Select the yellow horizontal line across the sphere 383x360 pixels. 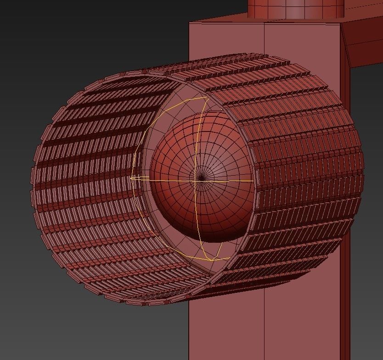pyautogui.click(x=230, y=181)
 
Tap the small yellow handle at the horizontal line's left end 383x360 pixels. pyautogui.click(x=133, y=177)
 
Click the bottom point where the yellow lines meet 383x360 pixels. pyautogui.click(x=212, y=260)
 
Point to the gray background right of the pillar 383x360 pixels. pyautogui.click(x=367, y=230)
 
